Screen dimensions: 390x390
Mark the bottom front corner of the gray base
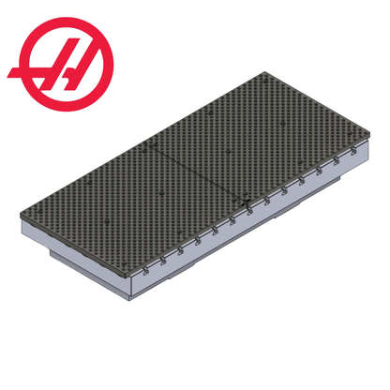click(126, 302)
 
